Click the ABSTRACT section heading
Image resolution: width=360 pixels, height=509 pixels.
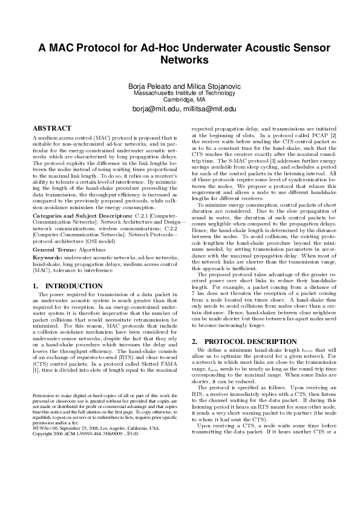[x=52, y=129]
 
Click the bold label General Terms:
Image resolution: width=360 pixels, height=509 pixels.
[x=53, y=248]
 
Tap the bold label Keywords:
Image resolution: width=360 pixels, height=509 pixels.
[x=47, y=258]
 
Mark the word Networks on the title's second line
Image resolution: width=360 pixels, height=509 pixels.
[x=180, y=61]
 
